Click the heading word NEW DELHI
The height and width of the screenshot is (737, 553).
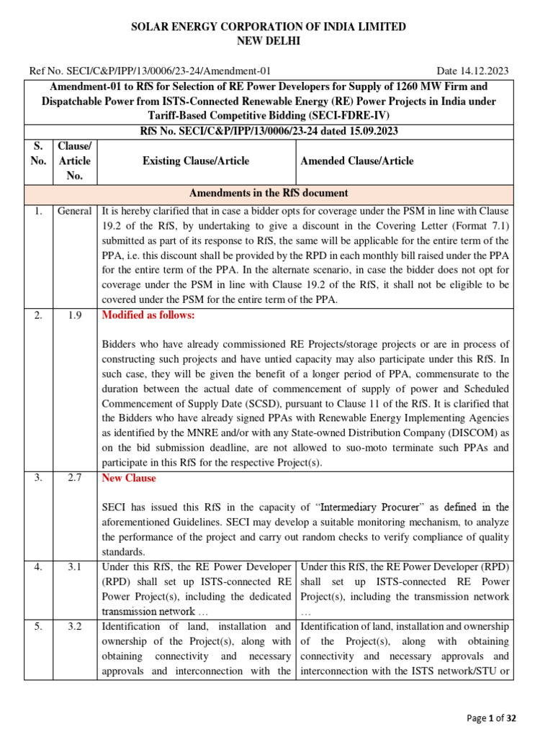[268, 41]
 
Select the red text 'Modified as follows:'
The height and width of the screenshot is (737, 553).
[148, 316]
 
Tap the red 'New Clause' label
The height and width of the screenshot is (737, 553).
[129, 478]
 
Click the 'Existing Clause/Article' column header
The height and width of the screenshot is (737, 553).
[196, 160]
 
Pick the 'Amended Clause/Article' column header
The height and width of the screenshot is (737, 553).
[357, 160]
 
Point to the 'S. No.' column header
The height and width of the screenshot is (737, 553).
[38, 160]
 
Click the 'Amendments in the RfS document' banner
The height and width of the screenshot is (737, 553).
[268, 193]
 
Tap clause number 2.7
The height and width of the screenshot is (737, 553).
[75, 478]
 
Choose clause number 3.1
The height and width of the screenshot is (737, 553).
[75, 566]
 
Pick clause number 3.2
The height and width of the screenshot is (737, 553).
[75, 627]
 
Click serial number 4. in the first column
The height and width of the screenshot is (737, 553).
[37, 566]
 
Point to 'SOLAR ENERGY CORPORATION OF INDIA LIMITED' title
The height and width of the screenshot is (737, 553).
[268, 27]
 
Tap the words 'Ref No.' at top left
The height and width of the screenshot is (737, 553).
[45, 71]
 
